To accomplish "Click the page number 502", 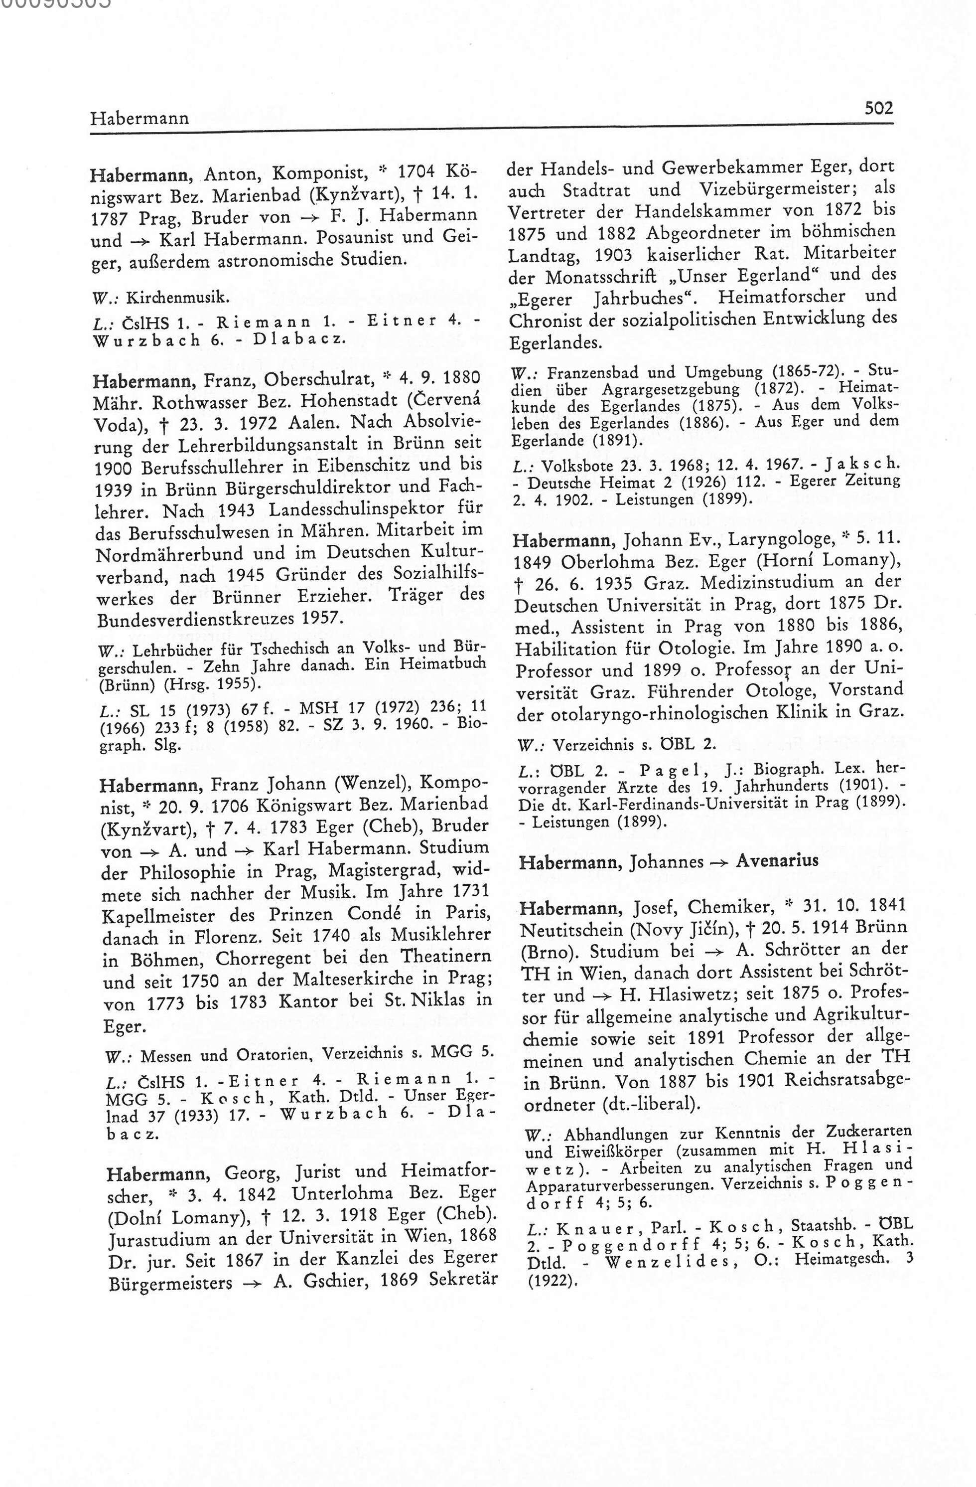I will click(878, 109).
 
